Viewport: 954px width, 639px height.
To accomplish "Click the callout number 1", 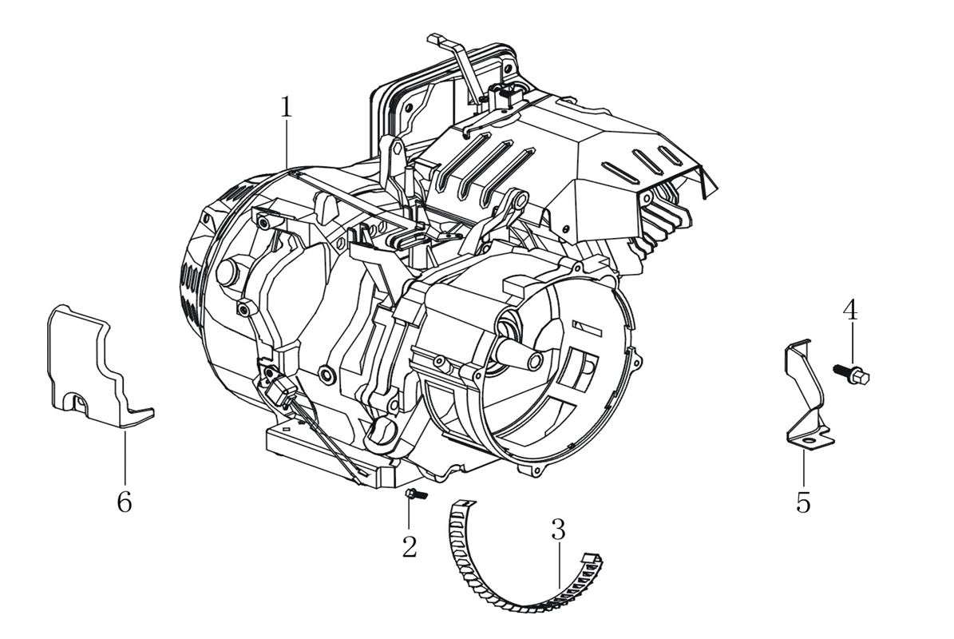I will pos(285,107).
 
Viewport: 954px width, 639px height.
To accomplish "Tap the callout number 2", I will pos(410,547).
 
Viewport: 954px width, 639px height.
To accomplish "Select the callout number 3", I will pos(558,528).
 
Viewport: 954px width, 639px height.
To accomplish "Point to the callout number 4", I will pos(851,310).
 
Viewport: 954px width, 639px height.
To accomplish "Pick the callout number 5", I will pos(803,502).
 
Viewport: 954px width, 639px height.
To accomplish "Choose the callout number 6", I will pos(124,502).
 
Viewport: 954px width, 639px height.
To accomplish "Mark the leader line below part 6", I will pos(125,455).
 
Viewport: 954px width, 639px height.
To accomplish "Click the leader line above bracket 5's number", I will pos(803,467).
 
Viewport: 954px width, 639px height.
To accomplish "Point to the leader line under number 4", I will pos(852,343).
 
